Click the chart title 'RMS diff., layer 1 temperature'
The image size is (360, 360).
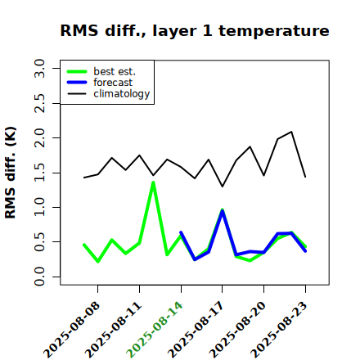pyautogui.click(x=195, y=31)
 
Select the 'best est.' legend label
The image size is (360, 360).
pyautogui.click(x=115, y=71)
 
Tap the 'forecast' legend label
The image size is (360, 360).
pyautogui.click(x=113, y=83)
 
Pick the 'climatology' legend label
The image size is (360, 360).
pyautogui.click(x=122, y=94)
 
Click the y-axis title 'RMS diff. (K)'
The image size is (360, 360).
pyautogui.click(x=11, y=173)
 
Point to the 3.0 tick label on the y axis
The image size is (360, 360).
pyautogui.click(x=39, y=68)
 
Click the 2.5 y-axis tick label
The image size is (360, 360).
pyautogui.click(x=39, y=103)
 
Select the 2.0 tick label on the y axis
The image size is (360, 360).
pyautogui.click(x=39, y=138)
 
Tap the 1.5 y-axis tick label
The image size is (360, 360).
pyautogui.click(x=39, y=173)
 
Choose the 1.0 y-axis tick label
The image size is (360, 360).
pyautogui.click(x=39, y=207)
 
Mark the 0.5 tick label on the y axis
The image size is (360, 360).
pyautogui.click(x=39, y=242)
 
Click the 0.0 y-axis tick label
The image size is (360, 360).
pyautogui.click(x=39, y=277)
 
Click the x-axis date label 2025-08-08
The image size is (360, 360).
pyautogui.click(x=72, y=330)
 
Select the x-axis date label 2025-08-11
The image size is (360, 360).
pyautogui.click(x=114, y=330)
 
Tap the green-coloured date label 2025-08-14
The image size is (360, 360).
pyautogui.click(x=155, y=330)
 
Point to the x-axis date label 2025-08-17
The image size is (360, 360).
pyautogui.click(x=196, y=330)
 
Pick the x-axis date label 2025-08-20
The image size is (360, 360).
pyautogui.click(x=238, y=330)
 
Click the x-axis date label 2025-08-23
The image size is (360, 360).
pyautogui.click(x=279, y=330)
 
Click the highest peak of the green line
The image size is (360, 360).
pyautogui.click(x=153, y=182)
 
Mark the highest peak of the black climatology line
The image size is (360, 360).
pyautogui.click(x=291, y=132)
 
